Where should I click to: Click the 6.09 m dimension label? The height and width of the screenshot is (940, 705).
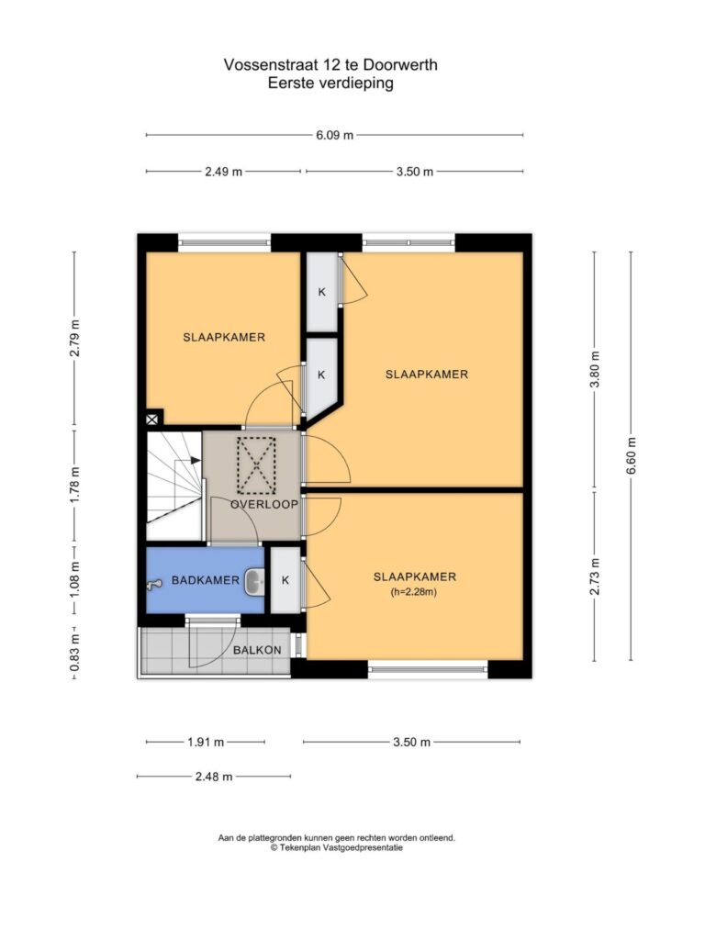click(334, 135)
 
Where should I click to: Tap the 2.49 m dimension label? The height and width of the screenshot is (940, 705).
click(224, 172)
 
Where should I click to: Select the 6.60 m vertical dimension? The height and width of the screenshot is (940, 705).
click(632, 455)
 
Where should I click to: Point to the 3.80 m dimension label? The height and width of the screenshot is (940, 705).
click(595, 369)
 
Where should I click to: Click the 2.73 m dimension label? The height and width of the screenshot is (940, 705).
click(595, 576)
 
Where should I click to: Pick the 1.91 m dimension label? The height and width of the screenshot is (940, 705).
click(206, 742)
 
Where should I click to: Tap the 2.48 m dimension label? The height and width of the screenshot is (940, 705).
click(214, 777)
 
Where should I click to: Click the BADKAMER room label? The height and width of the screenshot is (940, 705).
click(206, 580)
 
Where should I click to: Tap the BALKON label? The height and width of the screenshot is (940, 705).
click(257, 650)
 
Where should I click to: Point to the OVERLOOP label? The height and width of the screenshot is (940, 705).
click(264, 504)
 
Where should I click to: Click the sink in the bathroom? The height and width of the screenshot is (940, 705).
click(254, 581)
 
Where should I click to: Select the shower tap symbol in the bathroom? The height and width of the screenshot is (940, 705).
click(155, 583)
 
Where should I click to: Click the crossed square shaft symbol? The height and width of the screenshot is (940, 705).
click(154, 419)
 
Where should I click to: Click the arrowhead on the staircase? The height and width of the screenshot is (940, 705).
click(196, 461)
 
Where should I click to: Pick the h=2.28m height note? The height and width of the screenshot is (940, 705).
click(414, 592)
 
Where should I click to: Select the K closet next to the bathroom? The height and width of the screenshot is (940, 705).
click(285, 580)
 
